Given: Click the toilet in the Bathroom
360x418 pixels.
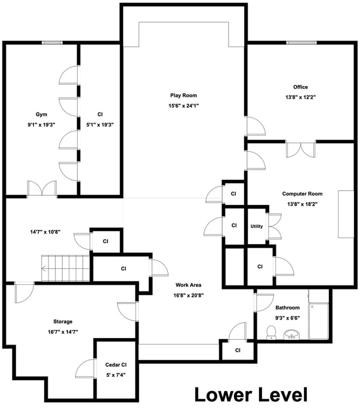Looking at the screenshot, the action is click(271, 333).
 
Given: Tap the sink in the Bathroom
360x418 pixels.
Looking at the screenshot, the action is click(291, 334).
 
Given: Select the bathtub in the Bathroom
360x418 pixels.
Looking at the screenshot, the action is click(318, 321).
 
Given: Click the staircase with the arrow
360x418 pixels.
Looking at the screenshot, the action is click(65, 268).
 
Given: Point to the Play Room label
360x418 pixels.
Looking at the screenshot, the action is click(184, 96).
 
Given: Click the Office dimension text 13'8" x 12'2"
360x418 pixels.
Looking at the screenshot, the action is click(300, 97).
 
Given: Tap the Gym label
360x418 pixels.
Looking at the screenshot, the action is click(41, 115).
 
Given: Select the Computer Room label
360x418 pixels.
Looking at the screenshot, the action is click(302, 194).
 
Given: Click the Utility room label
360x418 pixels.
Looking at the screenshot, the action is click(257, 226).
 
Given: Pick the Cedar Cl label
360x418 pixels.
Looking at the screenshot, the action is click(116, 365).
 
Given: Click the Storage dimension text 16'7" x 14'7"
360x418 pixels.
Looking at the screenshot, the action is click(63, 332).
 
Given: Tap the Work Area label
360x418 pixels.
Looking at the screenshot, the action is click(189, 285).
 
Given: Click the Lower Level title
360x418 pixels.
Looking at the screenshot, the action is click(251, 395).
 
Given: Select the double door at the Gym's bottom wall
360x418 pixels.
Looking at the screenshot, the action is click(42, 189).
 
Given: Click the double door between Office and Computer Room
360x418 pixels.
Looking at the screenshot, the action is click(300, 150).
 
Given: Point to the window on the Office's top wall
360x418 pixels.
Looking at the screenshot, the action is click(301, 42).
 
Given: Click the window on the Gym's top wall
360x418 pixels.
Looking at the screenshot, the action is click(52, 42).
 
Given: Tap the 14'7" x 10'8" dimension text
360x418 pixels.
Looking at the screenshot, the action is click(45, 232).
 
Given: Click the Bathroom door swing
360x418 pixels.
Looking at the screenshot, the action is click(264, 302).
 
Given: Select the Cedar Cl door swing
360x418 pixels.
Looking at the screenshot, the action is click(85, 368).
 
